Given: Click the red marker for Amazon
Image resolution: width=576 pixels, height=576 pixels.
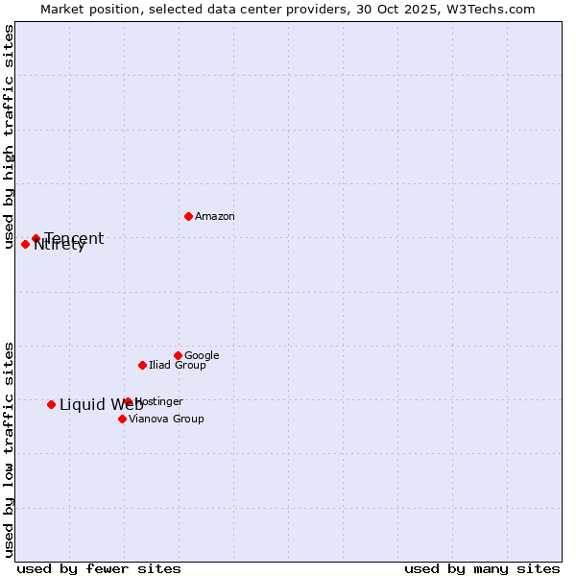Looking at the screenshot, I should point(188,216).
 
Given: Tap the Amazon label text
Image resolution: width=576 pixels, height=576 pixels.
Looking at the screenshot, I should point(215,217).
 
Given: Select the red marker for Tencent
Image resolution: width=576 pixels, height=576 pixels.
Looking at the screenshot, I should point(36,238).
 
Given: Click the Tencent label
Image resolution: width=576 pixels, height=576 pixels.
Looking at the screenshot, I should point(74,238).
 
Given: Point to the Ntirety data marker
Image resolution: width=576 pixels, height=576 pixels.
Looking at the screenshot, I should point(25,244).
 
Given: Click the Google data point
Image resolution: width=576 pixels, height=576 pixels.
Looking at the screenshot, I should point(178,355).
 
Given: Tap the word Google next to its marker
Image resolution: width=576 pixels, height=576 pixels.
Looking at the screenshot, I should point(202,356).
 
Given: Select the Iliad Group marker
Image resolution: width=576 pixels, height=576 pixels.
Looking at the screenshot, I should point(142,365).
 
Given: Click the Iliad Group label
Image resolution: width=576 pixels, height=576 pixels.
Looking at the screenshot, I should point(178,366).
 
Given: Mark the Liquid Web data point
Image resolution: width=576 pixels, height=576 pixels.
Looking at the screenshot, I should point(51,404).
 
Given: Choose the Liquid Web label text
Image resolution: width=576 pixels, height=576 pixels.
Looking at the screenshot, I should point(101,405).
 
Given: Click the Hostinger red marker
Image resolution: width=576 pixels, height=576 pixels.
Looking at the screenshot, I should point(128,401).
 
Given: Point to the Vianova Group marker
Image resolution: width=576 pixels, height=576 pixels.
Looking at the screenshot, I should point(122,419).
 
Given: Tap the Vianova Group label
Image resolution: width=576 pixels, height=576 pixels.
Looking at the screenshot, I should point(166,420).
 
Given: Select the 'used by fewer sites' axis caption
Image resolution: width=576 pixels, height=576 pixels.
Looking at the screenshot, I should point(99,569).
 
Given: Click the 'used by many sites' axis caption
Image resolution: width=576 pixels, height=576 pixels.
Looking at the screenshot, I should point(482,569).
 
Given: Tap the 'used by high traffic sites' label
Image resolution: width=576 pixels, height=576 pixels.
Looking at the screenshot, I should point(9,136).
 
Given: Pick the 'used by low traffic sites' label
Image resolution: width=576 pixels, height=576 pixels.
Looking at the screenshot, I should point(9,448).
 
